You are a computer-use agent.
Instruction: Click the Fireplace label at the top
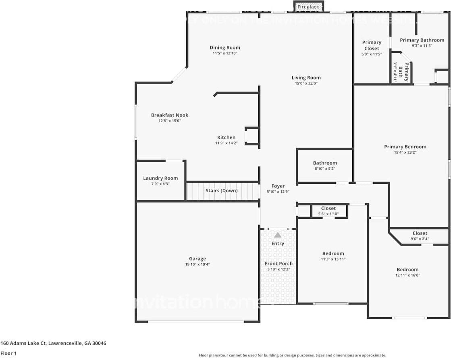(x=308, y=7)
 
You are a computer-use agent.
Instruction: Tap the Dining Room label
(x=224, y=48)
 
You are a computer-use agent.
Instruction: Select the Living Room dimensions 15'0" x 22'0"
(x=306, y=83)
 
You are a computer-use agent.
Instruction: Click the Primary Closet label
(x=371, y=45)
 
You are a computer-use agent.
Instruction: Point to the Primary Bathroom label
(x=422, y=40)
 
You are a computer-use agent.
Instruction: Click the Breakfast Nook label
(x=170, y=115)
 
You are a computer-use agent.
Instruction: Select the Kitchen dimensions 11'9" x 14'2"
(x=226, y=143)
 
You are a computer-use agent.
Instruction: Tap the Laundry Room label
(x=160, y=178)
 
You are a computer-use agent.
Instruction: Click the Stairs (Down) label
(x=222, y=191)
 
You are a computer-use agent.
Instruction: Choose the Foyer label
(x=278, y=186)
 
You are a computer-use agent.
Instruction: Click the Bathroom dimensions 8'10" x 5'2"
(x=325, y=169)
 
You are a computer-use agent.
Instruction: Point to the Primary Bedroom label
(x=405, y=147)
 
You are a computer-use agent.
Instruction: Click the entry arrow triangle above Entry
(x=278, y=235)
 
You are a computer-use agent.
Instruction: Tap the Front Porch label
(x=278, y=264)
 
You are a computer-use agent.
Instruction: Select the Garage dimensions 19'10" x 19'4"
(x=197, y=264)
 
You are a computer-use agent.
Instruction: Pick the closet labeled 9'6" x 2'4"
(x=420, y=236)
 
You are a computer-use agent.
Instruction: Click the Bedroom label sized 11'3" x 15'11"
(x=333, y=254)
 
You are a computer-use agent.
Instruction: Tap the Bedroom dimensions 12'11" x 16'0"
(x=407, y=275)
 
